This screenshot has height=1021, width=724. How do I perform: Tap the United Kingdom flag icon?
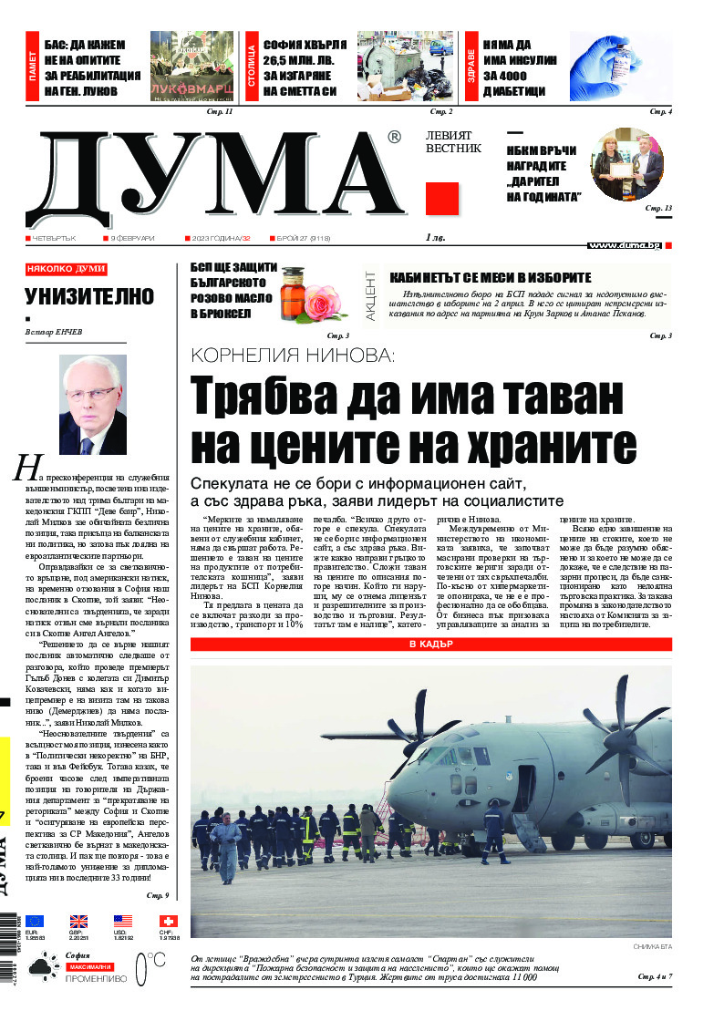pos(79,922)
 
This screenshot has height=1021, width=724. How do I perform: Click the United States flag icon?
pos(123,922)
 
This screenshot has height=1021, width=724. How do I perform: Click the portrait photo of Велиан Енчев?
pos(92,393)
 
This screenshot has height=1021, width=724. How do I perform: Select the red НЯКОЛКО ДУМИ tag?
pos(66,269)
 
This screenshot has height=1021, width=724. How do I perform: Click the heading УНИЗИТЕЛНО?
pos(89,296)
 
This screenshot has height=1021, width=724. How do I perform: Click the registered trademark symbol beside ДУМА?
pos(394,137)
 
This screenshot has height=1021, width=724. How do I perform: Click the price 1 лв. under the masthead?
pos(435,238)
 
